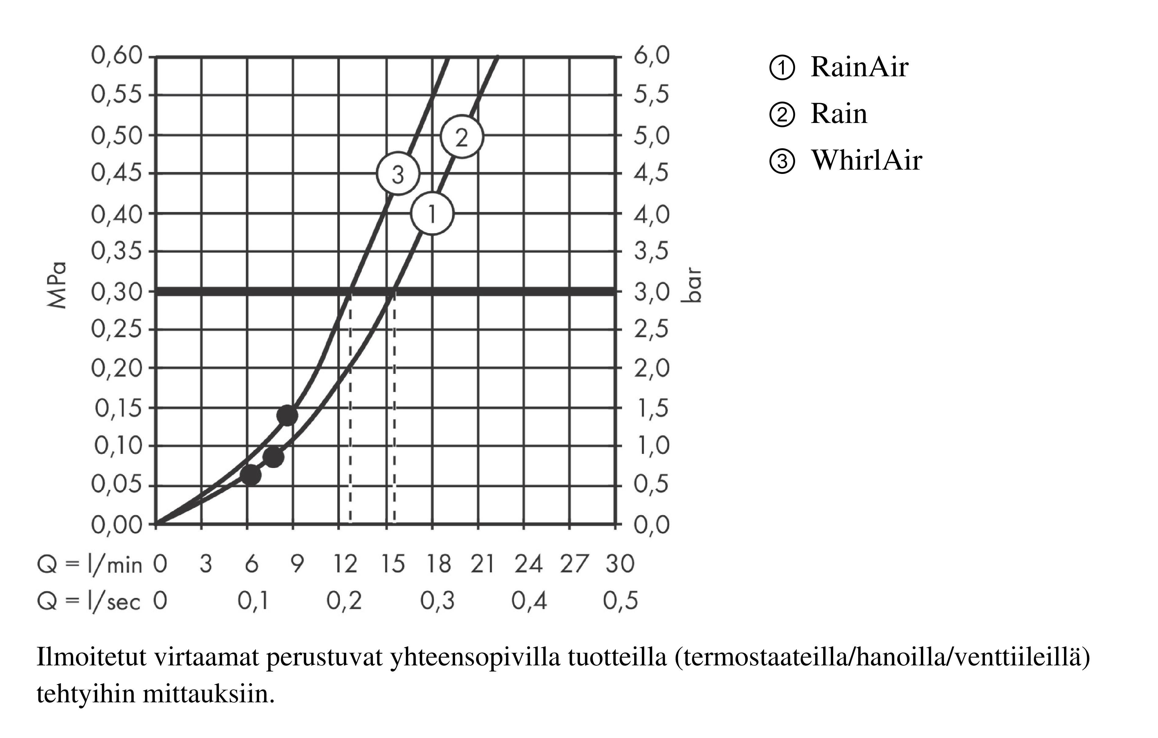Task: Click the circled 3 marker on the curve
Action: (x=398, y=174)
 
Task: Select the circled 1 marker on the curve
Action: (x=432, y=214)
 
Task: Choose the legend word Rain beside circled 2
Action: (x=839, y=114)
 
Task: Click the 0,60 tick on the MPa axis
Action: (x=117, y=56)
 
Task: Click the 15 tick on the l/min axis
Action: (x=393, y=563)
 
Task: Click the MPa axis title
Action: (x=57, y=285)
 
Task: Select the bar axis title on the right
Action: (x=692, y=285)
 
